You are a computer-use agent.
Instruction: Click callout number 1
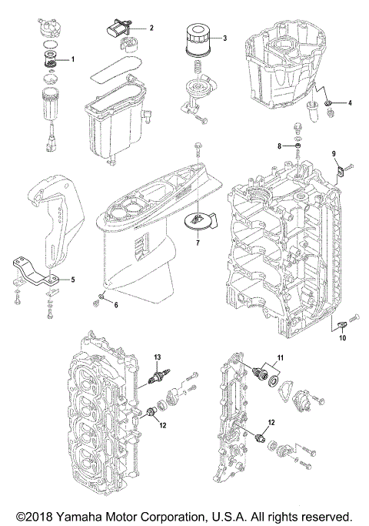74,59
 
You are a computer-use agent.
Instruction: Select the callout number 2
151,28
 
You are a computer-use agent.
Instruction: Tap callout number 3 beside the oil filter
224,38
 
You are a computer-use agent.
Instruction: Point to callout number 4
350,102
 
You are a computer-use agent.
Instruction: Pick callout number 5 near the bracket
73,280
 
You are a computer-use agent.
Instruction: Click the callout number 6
116,305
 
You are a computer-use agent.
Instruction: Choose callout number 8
280,146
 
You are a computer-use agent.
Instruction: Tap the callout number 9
334,153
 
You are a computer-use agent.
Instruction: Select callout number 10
342,338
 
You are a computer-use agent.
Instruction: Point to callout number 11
281,358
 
